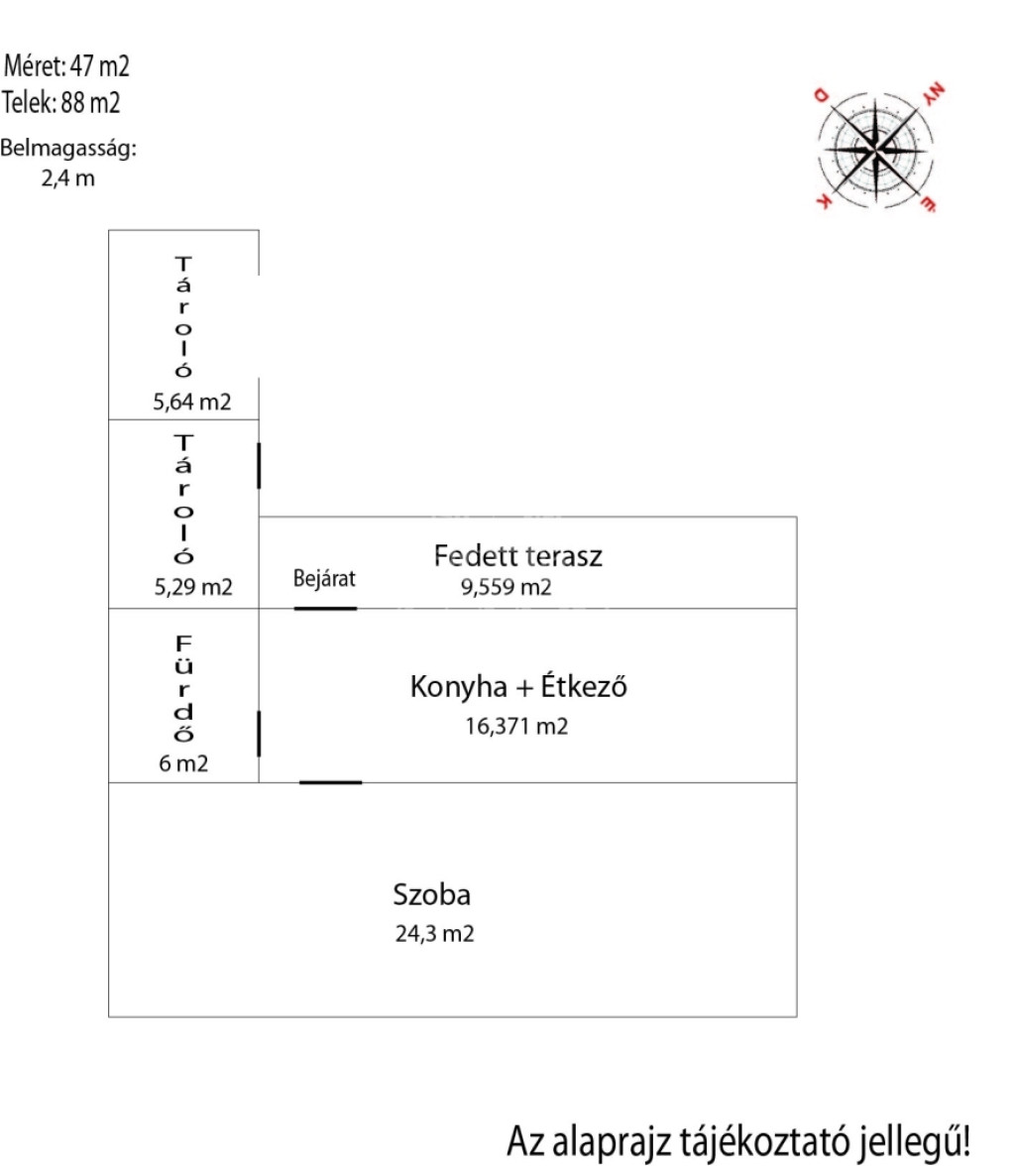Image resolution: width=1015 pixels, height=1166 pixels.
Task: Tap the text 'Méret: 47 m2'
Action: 66,67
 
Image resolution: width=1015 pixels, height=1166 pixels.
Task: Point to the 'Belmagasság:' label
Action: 67,150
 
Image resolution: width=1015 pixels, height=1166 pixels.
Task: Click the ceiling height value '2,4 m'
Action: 68,179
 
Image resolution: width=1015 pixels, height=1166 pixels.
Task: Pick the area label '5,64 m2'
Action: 193,403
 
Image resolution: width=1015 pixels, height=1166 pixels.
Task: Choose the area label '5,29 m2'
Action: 193,586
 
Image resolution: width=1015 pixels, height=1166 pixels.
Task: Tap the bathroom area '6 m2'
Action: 184,763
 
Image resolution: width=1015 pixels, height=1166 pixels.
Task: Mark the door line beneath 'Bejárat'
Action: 325,608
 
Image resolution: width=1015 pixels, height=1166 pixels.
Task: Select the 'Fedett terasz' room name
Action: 517,556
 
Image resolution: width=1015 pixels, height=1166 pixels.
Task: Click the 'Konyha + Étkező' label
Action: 519,687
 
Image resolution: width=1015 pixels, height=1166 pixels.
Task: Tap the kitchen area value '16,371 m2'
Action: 516,727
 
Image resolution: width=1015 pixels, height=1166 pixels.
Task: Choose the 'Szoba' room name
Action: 431,896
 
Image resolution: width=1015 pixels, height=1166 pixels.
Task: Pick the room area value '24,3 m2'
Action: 434,933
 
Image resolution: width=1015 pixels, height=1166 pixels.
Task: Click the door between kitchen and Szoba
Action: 330,782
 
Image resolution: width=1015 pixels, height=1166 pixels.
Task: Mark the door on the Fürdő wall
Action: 259,734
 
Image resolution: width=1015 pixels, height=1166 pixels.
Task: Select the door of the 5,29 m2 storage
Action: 259,466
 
